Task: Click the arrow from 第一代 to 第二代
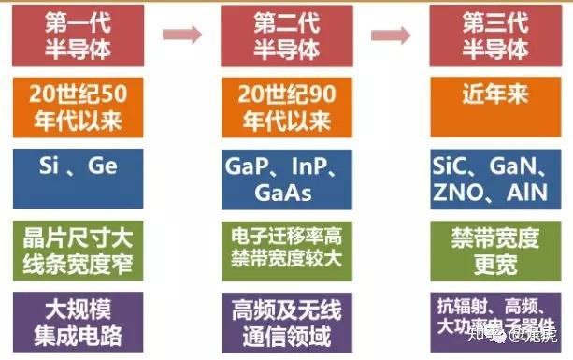[x=181, y=36]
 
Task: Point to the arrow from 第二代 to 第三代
[x=391, y=36]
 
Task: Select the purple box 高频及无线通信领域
[x=279, y=321]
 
